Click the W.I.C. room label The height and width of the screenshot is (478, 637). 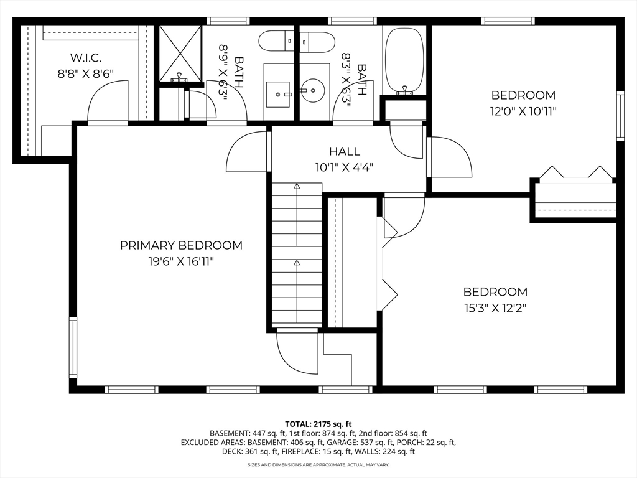point(85,58)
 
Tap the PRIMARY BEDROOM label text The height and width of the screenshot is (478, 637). point(181,245)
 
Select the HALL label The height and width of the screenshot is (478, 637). point(345,151)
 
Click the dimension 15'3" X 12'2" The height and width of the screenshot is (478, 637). point(495,309)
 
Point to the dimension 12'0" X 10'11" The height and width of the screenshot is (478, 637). point(523,111)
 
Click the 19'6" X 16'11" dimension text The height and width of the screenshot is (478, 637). point(181,261)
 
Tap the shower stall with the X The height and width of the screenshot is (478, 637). point(180,54)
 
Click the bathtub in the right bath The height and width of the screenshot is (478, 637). point(404,60)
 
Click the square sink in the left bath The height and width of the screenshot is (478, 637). point(278,95)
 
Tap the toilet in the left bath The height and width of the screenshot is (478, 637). point(276,42)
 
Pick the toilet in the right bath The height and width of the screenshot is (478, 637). point(318,42)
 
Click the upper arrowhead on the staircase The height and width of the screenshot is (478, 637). point(297,186)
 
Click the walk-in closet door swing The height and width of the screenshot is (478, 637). point(108,101)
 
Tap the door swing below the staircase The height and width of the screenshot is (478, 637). point(297,352)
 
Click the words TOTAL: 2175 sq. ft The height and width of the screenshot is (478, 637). point(318,424)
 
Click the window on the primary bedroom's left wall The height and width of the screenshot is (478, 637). point(73,347)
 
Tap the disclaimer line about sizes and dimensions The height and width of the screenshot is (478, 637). point(318,464)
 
